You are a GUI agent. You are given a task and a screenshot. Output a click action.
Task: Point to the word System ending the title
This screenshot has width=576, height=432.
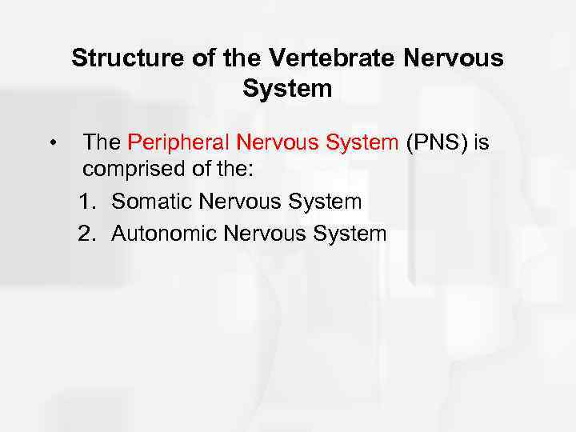287,89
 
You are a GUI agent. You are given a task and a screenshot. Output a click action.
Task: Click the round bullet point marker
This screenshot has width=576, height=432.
50,144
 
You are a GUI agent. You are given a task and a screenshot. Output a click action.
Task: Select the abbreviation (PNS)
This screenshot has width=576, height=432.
438,143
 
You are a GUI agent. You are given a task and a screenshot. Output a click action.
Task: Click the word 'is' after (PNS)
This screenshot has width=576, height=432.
482,143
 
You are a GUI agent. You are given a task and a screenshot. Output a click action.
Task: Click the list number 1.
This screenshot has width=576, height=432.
87,202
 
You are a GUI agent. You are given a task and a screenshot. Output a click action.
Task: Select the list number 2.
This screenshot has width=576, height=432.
87,234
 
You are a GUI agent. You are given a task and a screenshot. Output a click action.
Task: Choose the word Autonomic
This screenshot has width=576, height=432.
164,234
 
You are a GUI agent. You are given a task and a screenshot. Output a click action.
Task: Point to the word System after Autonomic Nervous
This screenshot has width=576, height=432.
350,234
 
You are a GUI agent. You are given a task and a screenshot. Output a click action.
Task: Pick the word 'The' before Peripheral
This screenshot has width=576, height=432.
102,143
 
